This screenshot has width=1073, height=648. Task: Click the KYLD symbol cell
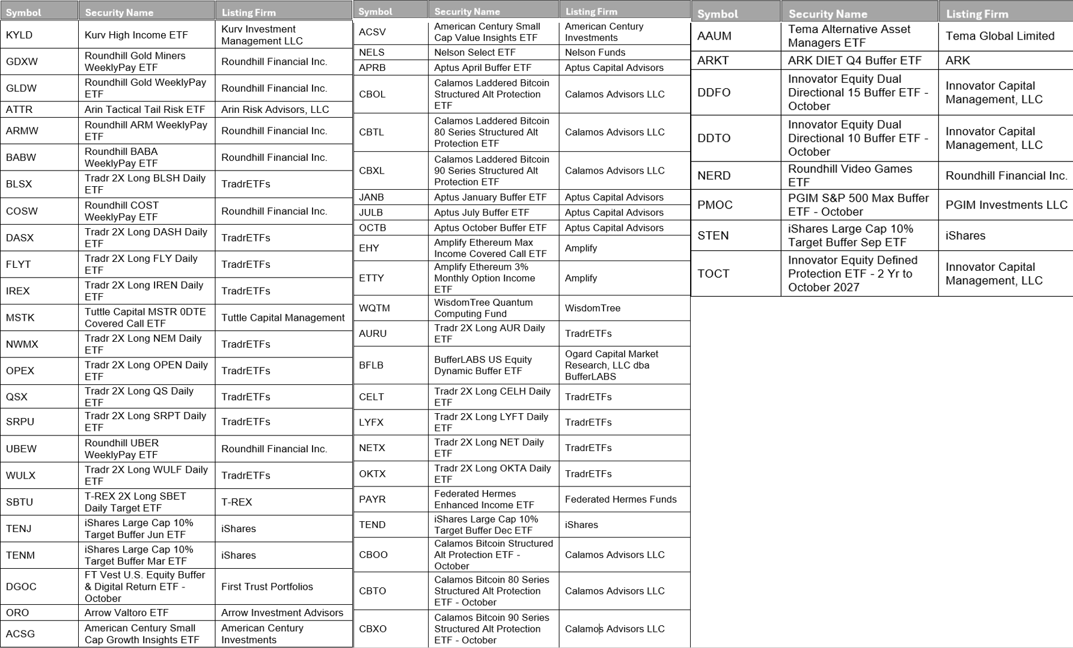tap(19, 35)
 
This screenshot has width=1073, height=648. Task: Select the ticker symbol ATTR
tap(19, 109)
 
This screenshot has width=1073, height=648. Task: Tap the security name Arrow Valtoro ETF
tap(126, 613)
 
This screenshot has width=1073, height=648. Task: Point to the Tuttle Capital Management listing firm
tap(283, 318)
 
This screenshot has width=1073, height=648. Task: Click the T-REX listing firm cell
tap(236, 502)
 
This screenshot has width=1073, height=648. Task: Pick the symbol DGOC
tap(21, 587)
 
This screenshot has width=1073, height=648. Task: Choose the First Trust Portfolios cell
tap(267, 587)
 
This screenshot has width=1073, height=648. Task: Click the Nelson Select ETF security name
tap(475, 52)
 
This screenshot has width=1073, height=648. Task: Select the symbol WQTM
tap(374, 308)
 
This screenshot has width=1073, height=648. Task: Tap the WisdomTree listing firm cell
tap(593, 308)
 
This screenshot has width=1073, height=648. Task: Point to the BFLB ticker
tap(371, 365)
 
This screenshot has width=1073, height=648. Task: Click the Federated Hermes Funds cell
tap(620, 499)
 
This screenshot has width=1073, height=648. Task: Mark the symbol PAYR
tap(372, 499)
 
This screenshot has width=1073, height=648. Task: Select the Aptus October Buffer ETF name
tap(491, 228)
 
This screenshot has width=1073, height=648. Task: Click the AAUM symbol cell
tap(714, 36)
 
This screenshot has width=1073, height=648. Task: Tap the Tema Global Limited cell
tap(1000, 36)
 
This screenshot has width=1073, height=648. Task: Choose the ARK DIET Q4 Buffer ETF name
tap(854, 60)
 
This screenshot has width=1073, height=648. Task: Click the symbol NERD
tap(714, 175)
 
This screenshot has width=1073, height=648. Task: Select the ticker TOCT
tap(713, 273)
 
